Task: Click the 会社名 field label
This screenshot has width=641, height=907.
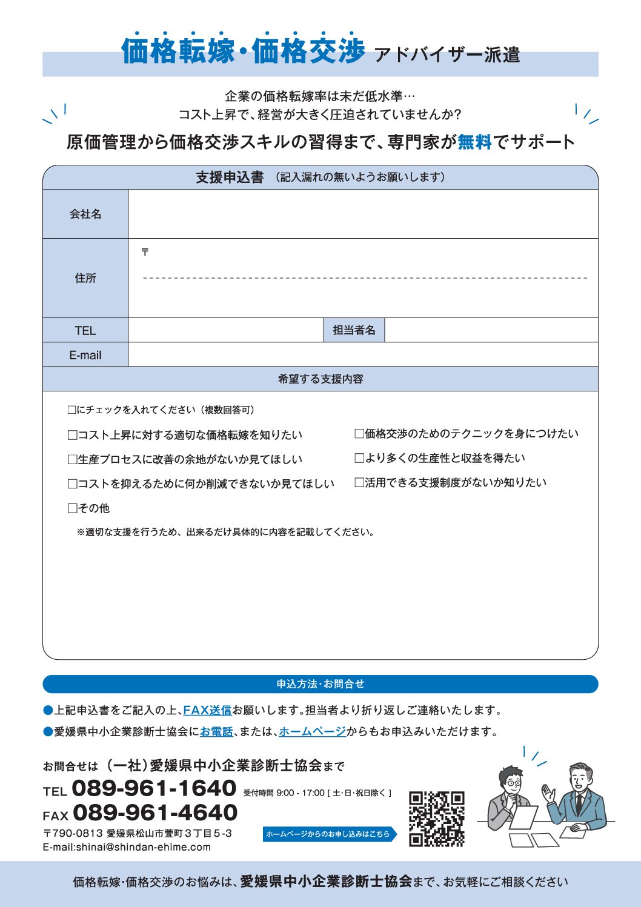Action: (85, 214)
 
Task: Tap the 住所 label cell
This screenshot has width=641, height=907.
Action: (85, 278)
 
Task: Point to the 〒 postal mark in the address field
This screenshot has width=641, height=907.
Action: (145, 252)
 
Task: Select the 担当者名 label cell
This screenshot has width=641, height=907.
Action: (354, 330)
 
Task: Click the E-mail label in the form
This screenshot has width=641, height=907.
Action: (85, 355)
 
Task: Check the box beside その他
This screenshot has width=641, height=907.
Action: (73, 508)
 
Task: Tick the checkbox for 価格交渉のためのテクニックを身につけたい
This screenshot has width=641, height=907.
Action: (359, 434)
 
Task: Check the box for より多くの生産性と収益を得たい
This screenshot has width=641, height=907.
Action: (359, 458)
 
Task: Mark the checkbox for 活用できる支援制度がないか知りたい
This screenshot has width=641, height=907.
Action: (359, 482)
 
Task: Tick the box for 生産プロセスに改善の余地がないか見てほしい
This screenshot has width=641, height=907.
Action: (73, 459)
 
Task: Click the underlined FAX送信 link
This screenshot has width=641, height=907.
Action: (207, 710)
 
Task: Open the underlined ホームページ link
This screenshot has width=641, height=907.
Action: (312, 731)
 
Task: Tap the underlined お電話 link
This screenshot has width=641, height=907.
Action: (216, 731)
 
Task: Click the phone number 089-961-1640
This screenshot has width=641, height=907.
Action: (154, 788)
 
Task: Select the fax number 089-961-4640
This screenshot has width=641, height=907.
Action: (155, 812)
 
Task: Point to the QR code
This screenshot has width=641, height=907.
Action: (437, 818)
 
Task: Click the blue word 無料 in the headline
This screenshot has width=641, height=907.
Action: (474, 142)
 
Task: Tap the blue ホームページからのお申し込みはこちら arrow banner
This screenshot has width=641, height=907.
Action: (330, 834)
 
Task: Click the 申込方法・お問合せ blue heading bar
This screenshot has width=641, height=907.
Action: (320, 684)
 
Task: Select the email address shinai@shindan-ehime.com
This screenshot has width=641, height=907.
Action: (143, 847)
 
